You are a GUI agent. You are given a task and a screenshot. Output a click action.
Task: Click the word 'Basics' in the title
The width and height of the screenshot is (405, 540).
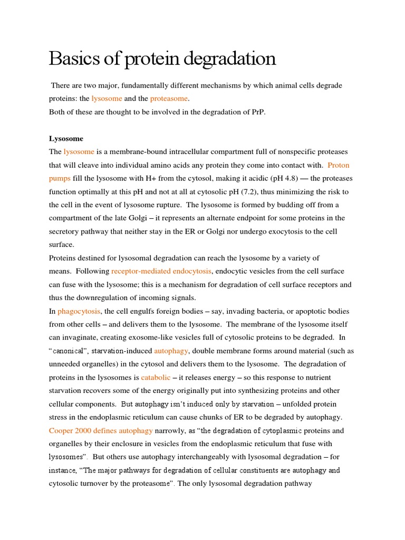76,59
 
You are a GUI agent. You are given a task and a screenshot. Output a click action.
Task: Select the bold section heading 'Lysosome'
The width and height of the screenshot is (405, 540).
66,139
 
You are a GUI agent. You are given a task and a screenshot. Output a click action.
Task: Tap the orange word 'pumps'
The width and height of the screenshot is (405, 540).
60,179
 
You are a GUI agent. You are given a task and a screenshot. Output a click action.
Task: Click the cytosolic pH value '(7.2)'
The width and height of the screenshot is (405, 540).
270,192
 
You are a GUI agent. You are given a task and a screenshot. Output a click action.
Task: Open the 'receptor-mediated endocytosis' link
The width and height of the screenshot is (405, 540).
161,271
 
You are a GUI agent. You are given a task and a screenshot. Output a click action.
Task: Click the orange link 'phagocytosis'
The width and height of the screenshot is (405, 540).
79,311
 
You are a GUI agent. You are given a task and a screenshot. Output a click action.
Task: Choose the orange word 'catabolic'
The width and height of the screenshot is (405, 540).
156,378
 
